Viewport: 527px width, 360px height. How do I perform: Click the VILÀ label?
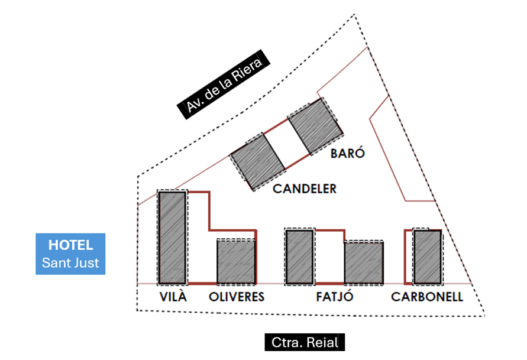[x=173, y=297]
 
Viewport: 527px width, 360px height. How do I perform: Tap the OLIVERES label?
[x=237, y=297]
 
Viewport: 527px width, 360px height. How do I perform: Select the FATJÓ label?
[x=335, y=297]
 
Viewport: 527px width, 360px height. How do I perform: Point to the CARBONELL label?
[x=427, y=297]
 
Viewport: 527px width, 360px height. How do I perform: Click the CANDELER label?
[x=305, y=189]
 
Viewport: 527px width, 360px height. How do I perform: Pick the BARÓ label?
[x=347, y=154]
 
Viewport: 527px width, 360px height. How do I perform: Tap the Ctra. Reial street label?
[x=304, y=342]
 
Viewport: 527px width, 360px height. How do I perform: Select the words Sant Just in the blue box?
[x=70, y=262]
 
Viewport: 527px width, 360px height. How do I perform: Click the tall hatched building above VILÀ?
[x=172, y=237]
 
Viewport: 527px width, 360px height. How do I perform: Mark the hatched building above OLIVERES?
[x=236, y=262]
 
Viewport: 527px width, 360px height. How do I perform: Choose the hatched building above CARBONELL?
[x=427, y=257]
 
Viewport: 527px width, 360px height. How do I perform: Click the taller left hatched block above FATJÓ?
[x=299, y=257]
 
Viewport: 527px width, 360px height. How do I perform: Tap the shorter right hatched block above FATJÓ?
[x=364, y=263]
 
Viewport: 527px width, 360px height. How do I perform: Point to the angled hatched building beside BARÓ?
[x=315, y=127]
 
